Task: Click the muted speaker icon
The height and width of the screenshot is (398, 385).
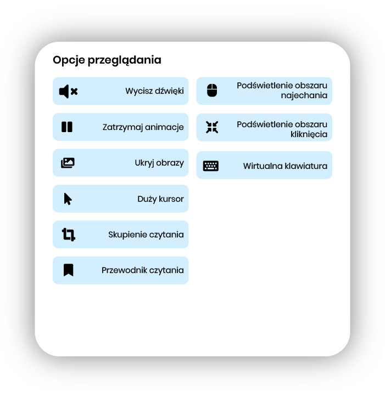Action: tap(68, 92)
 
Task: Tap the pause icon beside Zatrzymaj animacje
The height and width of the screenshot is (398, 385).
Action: tap(67, 127)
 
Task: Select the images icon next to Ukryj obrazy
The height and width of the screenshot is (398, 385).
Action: tap(68, 163)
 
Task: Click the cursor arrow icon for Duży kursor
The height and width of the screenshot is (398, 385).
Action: tap(68, 198)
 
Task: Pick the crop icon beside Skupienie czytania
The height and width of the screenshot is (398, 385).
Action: tap(68, 235)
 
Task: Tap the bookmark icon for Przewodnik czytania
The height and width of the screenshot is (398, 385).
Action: tap(68, 270)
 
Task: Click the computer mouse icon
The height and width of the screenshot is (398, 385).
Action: tap(212, 91)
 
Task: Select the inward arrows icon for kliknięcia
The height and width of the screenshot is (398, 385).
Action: tap(212, 127)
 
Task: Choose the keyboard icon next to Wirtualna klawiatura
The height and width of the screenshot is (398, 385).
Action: tap(211, 166)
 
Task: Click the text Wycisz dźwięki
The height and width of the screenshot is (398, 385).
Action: tap(154, 91)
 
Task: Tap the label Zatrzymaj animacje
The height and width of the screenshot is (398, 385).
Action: tap(143, 127)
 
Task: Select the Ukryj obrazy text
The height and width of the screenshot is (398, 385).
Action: tap(159, 163)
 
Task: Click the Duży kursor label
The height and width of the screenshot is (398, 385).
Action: tap(160, 199)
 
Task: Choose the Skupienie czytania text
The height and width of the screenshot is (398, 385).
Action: tap(146, 235)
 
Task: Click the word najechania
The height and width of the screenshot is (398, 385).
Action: tap(304, 95)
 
